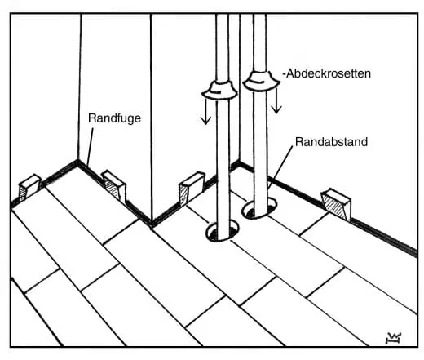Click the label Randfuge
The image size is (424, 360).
coord(114,118)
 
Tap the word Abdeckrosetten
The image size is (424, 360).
coord(329,73)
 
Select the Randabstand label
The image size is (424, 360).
coord(331,142)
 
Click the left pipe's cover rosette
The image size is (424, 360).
coord(219,91)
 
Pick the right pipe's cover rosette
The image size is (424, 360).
coord(261,81)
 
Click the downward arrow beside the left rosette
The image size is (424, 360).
coord(205,112)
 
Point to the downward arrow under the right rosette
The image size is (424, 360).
coord(276,100)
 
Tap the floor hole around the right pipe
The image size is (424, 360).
coord(259,209)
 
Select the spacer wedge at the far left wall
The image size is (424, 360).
coord(29,187)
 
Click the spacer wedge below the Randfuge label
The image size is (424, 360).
coord(114,186)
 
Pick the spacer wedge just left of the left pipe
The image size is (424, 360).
coord(192,188)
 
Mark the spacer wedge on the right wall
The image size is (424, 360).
coord(336,203)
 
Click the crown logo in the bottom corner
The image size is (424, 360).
coord(393,338)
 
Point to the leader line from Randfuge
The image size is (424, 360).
coord(90,147)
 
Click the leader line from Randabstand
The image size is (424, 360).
coord(280,167)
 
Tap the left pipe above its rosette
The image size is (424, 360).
coord(223,47)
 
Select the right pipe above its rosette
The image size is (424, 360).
coord(260,43)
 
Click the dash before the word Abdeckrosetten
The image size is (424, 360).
coord(285,74)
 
